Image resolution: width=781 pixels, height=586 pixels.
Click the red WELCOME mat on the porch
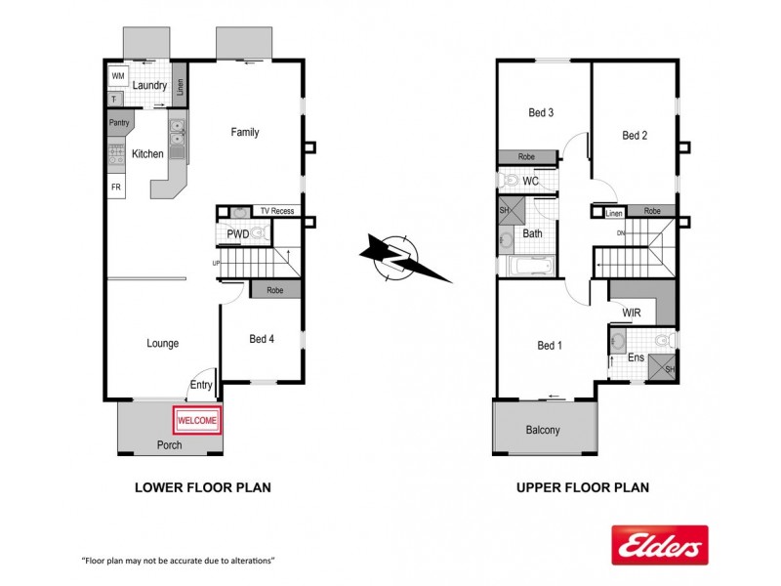tap(198, 420)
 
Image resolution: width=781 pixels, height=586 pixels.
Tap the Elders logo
tap(659, 545)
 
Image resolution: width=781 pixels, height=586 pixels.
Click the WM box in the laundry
tap(118, 75)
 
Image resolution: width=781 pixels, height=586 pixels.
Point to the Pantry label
tap(119, 123)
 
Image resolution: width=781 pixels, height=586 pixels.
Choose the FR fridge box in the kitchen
tap(116, 188)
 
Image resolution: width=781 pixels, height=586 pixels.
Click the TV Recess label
tap(276, 211)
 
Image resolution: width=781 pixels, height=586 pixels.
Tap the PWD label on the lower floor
tap(237, 234)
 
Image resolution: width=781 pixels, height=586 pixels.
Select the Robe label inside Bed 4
tap(275, 290)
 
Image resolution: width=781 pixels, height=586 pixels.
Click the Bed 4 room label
tap(263, 339)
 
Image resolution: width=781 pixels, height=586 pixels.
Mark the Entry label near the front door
tap(201, 386)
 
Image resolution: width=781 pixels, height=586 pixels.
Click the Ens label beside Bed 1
tap(636, 357)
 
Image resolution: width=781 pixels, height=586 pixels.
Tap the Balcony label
tap(543, 430)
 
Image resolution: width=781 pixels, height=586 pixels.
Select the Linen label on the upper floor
tap(613, 212)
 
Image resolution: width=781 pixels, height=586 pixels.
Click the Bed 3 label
tap(541, 112)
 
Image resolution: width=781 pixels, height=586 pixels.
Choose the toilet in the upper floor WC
tap(510, 181)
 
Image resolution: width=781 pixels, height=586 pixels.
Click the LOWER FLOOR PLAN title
tap(202, 487)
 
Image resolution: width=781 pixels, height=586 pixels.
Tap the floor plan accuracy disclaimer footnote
tap(178, 561)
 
